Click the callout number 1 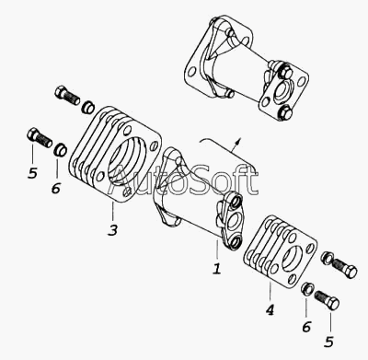(x=217, y=269)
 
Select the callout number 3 (x=112, y=230)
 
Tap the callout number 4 (x=270, y=310)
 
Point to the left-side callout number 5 (x=32, y=173)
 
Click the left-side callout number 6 (x=56, y=188)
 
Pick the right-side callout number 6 (x=306, y=327)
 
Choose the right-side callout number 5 (x=329, y=342)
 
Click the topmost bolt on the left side (x=67, y=96)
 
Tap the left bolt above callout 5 (x=40, y=138)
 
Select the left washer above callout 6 (x=60, y=149)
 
